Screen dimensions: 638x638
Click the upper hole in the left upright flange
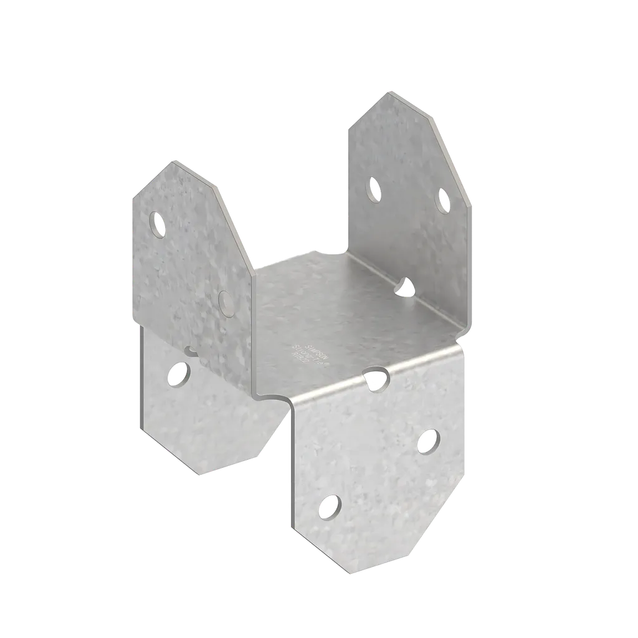click(x=159, y=224)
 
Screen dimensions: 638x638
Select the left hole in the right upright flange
click(x=374, y=189)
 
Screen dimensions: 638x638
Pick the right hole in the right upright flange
click(x=443, y=201)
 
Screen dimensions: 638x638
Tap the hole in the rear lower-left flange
click(x=181, y=373)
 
